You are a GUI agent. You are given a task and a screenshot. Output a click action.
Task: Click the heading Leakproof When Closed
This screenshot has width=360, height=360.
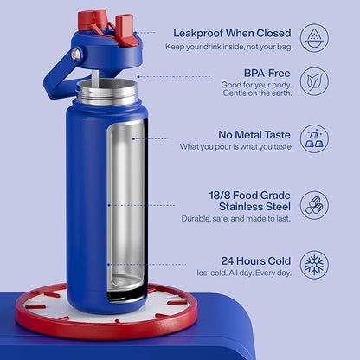click(232, 33)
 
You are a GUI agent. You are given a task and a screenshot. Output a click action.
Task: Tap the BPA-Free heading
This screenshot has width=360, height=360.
click(267, 73)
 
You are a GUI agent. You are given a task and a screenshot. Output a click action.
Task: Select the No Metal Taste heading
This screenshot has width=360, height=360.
click(254, 135)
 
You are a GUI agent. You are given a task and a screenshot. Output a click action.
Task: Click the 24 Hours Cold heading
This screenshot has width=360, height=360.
click(256, 260)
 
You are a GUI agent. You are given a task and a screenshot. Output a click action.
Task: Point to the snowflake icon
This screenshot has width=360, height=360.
click(314, 265)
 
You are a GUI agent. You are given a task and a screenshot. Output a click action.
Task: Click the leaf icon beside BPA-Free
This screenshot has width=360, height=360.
click(314, 81)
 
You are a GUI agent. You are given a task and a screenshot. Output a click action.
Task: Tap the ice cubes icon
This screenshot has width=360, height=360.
click(314, 138)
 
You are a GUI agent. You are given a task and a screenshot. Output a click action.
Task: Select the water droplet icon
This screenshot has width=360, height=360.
click(314, 38)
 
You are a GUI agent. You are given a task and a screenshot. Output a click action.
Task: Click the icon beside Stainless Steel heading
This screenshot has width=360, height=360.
click(314, 205)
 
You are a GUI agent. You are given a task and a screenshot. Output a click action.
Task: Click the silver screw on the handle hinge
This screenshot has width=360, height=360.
click(76, 55)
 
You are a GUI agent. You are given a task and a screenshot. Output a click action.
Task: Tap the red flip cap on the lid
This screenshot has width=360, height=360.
click(93, 20)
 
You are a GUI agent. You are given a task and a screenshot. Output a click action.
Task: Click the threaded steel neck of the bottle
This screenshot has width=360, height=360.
click(106, 93)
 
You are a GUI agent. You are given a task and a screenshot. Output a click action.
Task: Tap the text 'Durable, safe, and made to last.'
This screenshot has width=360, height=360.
click(235, 219)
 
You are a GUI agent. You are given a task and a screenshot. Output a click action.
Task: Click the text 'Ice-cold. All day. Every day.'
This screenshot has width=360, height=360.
click(244, 273)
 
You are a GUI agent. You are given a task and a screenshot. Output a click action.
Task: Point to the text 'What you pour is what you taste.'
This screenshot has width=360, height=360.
click(236, 146)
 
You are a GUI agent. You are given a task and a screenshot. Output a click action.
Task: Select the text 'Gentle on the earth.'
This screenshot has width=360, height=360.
click(257, 93)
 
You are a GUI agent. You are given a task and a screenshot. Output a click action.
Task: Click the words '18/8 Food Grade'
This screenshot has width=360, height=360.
click(249, 196)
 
